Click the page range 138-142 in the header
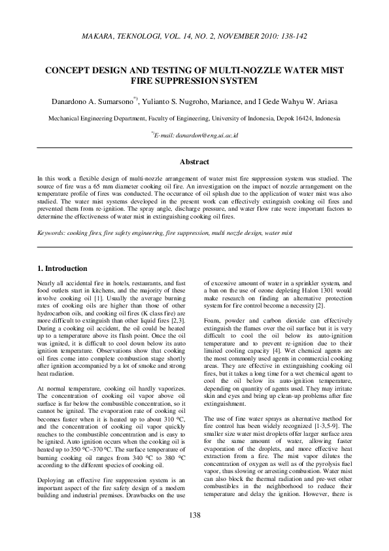point(294,37)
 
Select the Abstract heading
point(194,162)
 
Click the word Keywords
point(52,232)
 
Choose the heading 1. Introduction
point(61,268)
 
